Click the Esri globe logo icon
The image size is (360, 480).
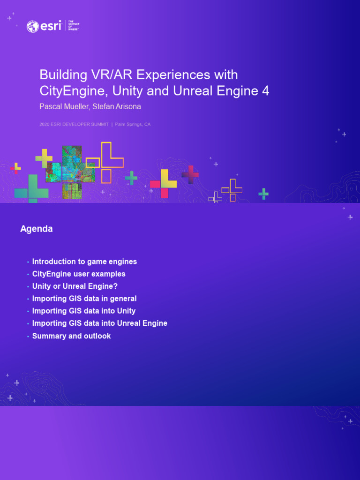click(x=33, y=26)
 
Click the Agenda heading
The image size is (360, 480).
click(x=37, y=229)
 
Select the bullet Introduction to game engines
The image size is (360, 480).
click(x=84, y=262)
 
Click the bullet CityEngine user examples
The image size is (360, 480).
click(x=79, y=274)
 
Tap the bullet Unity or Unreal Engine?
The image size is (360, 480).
click(x=75, y=286)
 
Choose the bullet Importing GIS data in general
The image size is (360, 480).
click(x=84, y=299)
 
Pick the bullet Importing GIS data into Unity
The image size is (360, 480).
click(x=84, y=311)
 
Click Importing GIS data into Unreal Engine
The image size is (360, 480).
click(x=99, y=323)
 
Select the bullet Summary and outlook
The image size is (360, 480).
click(x=71, y=336)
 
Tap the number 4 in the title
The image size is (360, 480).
click(x=265, y=90)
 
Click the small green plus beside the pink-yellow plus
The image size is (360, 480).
click(x=131, y=178)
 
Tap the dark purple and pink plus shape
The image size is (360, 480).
click(x=190, y=174)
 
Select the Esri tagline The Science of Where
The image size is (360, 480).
click(x=74, y=25)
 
